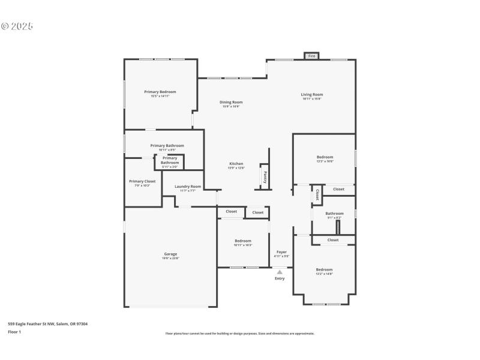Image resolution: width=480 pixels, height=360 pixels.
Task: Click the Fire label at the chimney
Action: click(311, 56)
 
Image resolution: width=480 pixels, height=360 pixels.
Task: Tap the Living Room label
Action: click(312, 94)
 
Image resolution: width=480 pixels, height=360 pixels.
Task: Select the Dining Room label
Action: click(231, 102)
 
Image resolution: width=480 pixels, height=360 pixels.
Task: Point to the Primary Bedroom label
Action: click(160, 91)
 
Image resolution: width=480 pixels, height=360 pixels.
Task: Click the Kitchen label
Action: click(236, 164)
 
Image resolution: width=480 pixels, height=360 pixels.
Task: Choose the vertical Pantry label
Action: click(265, 178)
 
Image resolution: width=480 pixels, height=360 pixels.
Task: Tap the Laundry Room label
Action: click(188, 186)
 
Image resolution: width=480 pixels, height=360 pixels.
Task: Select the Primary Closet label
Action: click(142, 181)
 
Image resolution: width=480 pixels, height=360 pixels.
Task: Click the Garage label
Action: click(170, 254)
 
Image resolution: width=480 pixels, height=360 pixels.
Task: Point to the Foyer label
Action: click(281, 252)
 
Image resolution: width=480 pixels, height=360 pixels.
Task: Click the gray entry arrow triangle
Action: click(280, 272)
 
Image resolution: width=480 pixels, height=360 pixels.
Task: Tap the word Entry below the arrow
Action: click(280, 278)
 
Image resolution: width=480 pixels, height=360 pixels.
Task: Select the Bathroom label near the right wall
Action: click(335, 213)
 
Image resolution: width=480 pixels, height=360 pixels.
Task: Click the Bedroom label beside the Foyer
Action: click(243, 241)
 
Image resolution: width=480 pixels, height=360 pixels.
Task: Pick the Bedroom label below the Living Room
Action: click(325, 157)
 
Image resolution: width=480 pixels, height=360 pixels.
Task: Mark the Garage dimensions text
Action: click(170, 258)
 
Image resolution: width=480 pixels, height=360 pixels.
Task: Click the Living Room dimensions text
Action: click(312, 99)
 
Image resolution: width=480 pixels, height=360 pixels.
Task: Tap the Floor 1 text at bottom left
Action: click(14, 331)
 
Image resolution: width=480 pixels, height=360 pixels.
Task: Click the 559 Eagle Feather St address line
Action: click(47, 323)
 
